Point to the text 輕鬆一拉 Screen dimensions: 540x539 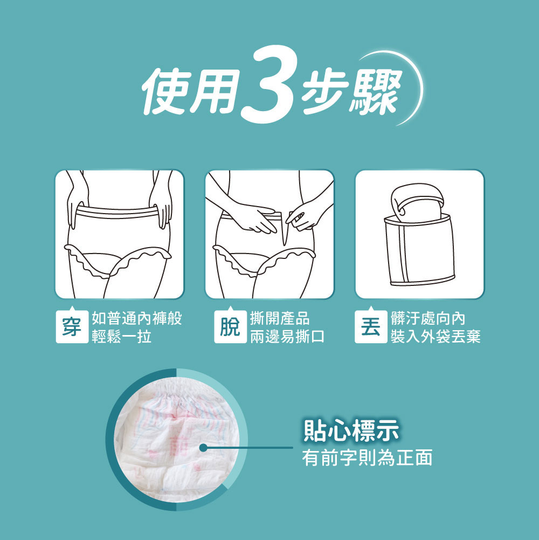tap(121, 337)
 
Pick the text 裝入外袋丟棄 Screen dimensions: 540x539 tap(436, 337)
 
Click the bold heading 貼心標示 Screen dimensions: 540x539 tap(351, 432)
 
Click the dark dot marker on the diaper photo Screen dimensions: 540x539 tap(203, 447)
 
